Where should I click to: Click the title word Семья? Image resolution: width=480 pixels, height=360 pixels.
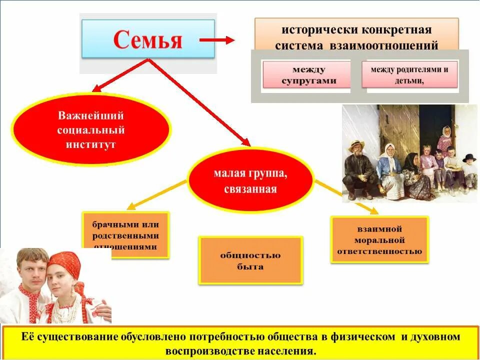click(x=148, y=39)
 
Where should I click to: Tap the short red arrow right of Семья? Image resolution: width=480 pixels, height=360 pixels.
click(x=216, y=40)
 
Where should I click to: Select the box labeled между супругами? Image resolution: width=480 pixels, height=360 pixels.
click(x=306, y=75)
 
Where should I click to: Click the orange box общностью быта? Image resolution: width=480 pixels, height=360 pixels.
click(x=250, y=260)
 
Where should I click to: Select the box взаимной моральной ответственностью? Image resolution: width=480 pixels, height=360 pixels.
click(x=379, y=239)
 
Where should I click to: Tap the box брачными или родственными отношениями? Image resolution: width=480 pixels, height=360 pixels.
click(x=125, y=234)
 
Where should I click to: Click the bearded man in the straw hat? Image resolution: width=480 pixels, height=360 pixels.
click(x=358, y=167)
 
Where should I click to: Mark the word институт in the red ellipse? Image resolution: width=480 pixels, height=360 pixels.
click(x=90, y=144)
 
